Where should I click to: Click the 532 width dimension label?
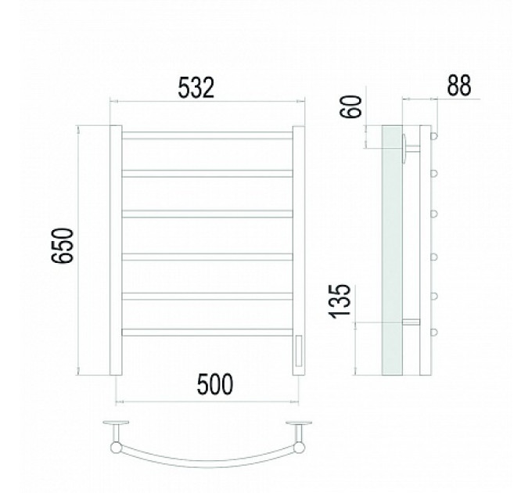[x=196, y=88]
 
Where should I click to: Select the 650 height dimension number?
[x=63, y=246]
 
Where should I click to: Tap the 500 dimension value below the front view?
[x=215, y=384]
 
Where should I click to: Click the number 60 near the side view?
[x=351, y=106]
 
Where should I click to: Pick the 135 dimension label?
[x=340, y=301]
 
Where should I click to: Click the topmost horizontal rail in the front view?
[x=207, y=135]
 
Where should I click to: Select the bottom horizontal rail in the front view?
[x=207, y=332]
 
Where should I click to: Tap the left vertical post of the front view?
[x=116, y=250]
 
